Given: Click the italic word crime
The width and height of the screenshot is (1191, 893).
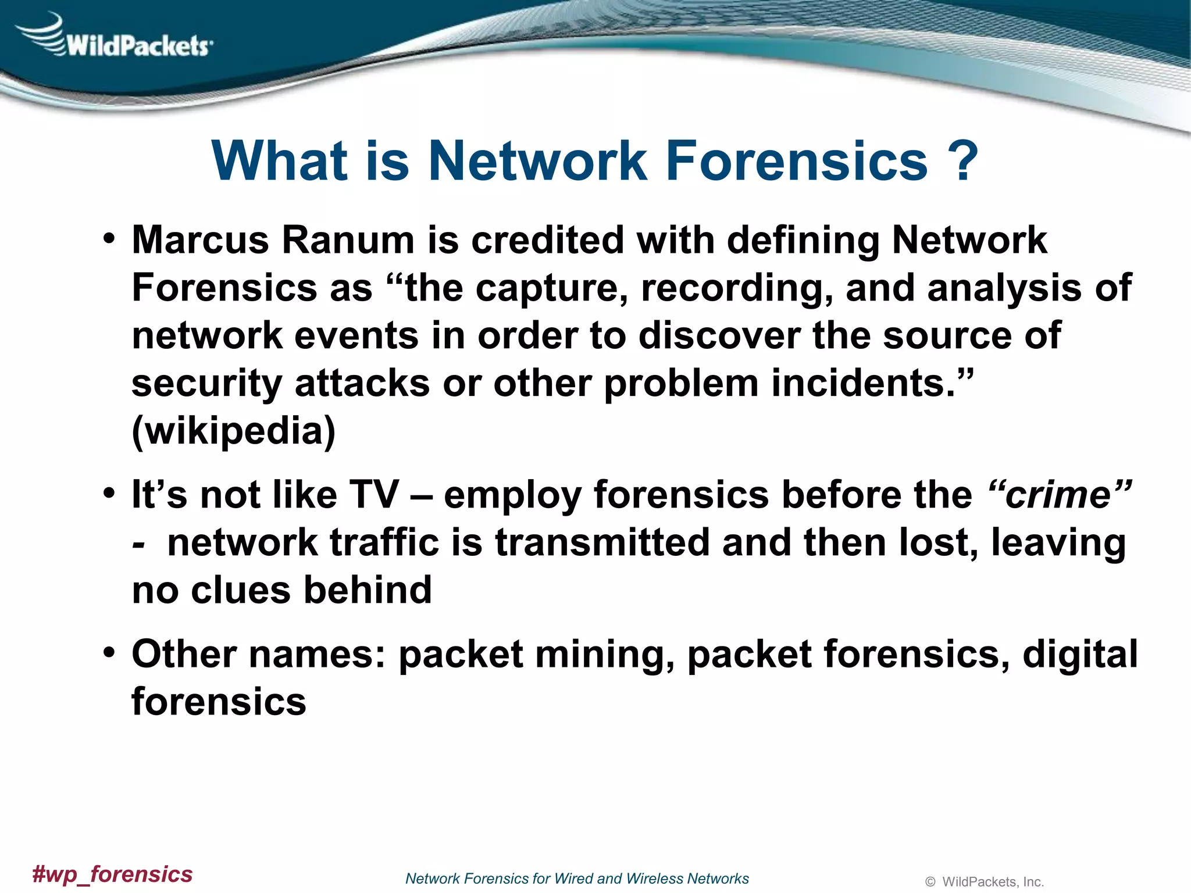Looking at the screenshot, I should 1059,495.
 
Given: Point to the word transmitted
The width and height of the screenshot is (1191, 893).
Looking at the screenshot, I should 602,542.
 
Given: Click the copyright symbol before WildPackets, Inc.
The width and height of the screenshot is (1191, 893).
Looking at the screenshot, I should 930,882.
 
